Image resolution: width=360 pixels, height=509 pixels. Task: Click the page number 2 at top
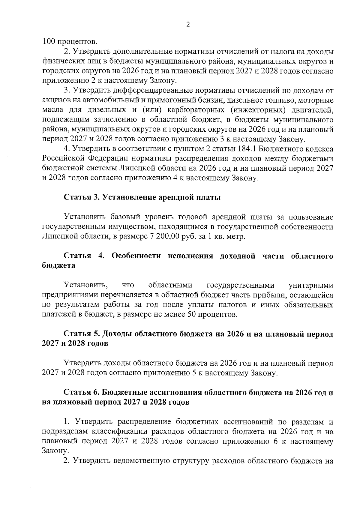click(188, 25)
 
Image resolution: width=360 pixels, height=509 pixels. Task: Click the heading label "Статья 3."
click(81, 197)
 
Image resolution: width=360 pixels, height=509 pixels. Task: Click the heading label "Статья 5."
click(81, 334)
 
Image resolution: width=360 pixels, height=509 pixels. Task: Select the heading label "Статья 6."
click(81, 393)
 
